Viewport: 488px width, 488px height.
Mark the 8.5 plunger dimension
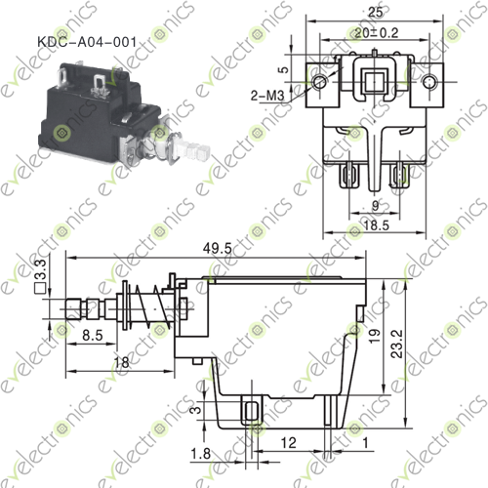[x=94, y=335]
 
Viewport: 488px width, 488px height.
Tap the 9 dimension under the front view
[x=374, y=204]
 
